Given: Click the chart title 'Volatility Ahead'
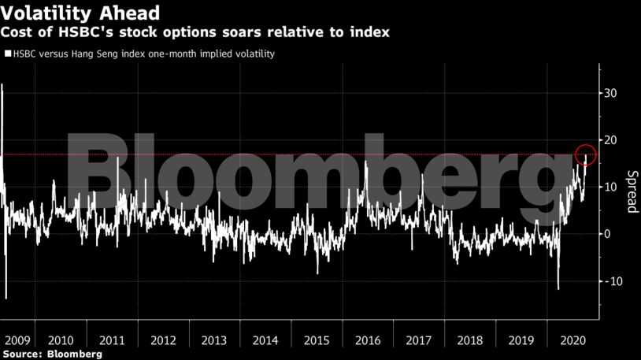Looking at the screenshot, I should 81,13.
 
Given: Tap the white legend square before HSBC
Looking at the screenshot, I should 8,54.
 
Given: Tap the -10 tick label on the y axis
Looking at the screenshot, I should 611,281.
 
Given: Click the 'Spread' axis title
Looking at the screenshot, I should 630,191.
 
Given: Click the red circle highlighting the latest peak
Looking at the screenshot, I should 585,154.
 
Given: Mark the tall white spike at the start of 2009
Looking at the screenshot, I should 2,87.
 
